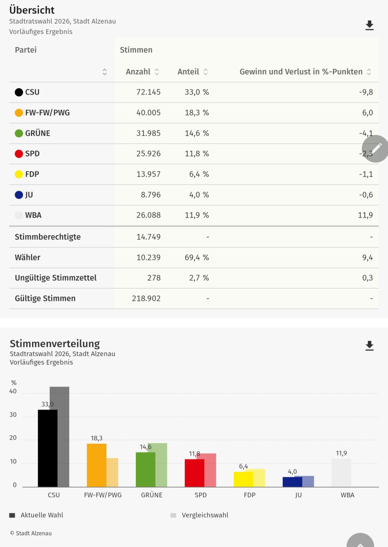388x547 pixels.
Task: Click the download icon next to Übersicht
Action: click(x=370, y=25)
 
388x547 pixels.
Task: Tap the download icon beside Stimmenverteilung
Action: click(x=370, y=346)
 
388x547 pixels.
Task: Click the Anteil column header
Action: click(x=188, y=72)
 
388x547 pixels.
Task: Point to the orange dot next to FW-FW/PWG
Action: click(x=19, y=113)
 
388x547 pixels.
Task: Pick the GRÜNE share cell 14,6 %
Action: click(x=197, y=133)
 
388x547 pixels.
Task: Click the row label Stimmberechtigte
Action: click(x=48, y=237)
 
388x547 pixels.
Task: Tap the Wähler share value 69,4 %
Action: click(x=197, y=258)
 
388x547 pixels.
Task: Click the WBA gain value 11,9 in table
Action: click(x=365, y=215)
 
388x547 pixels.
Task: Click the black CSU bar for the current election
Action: click(x=48, y=448)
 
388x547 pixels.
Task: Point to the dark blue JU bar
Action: click(x=292, y=482)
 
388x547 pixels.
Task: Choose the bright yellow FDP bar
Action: click(x=243, y=479)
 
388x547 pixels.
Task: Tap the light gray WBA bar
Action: click(x=341, y=473)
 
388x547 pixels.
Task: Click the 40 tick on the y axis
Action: click(x=13, y=391)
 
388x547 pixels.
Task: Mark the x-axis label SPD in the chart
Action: click(x=200, y=495)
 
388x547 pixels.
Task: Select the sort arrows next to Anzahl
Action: click(x=157, y=72)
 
